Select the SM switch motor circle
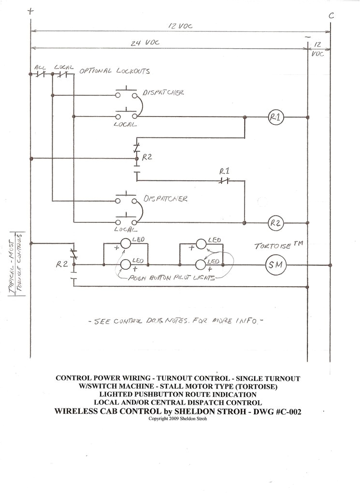pos(276,264)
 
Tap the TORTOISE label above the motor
pos(273,246)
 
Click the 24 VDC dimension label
pos(140,43)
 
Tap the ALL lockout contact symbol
pos(40,74)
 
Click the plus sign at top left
pos(31,10)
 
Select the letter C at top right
pos(331,15)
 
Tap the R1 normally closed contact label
pos(224,171)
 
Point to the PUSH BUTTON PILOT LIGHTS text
pos(170,279)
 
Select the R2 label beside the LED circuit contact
pos(61,264)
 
